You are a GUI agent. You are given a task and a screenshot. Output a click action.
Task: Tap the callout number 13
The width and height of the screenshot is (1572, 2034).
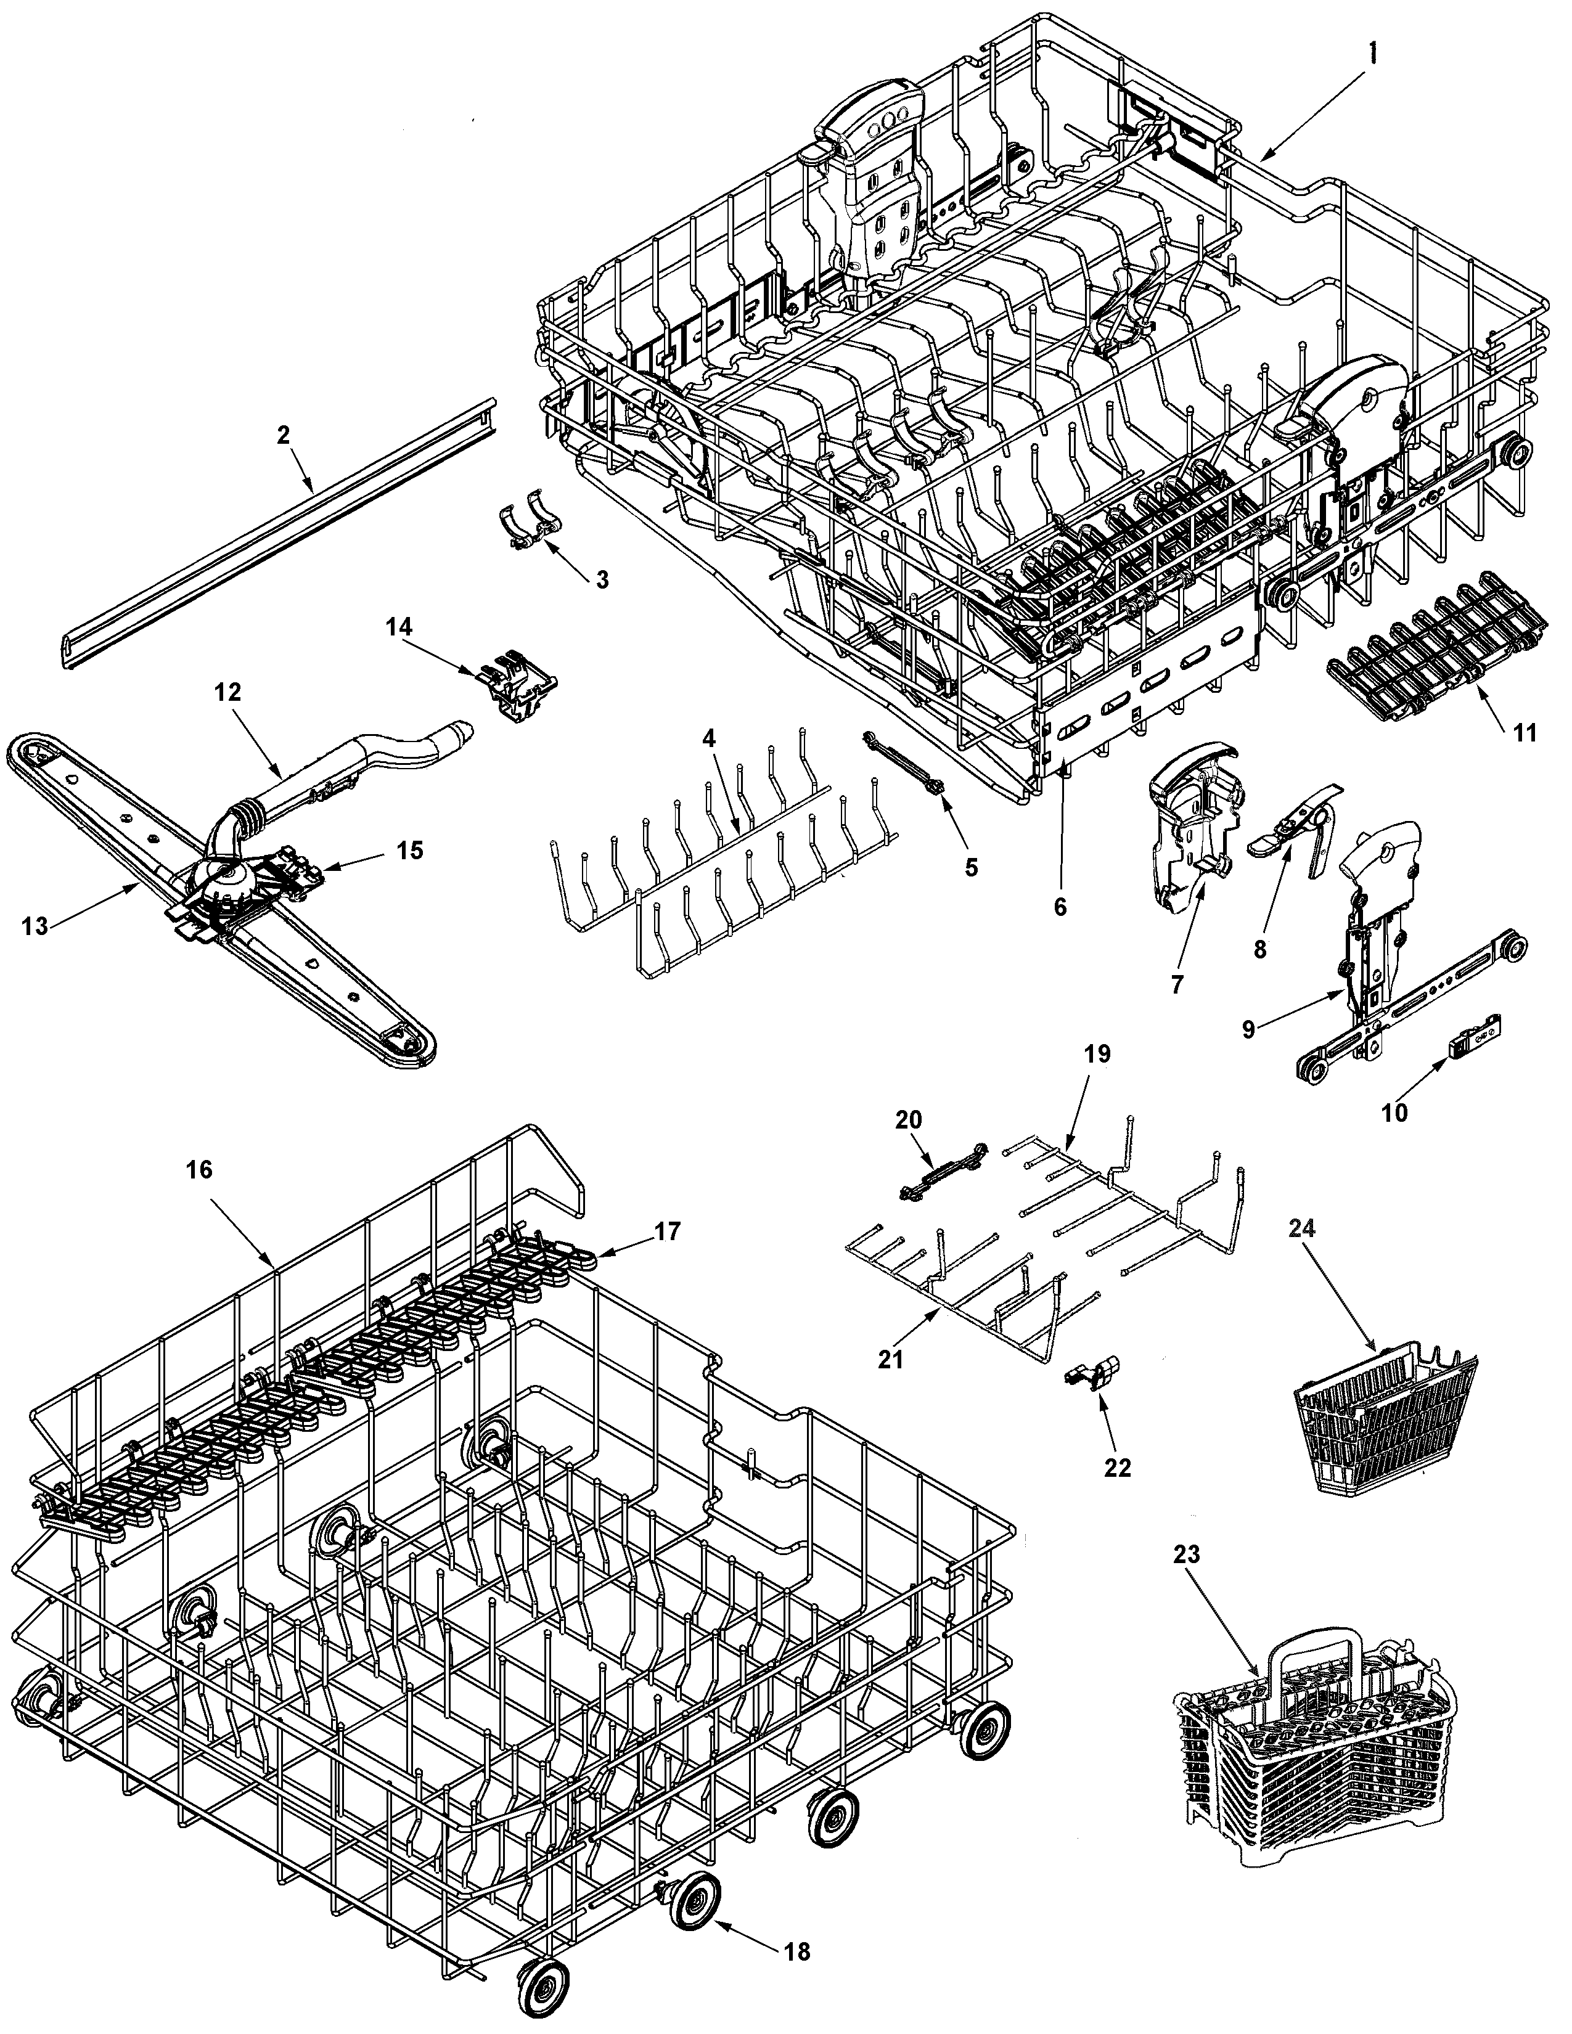coord(35,926)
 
